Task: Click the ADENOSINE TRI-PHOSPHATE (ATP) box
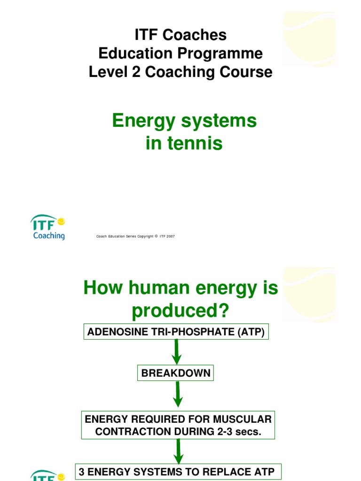tap(176, 332)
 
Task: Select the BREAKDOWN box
tap(176, 373)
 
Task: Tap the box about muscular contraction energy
tap(178, 426)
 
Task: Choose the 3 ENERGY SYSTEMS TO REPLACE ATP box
tap(176, 472)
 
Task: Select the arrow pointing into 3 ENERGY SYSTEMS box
tap(178, 451)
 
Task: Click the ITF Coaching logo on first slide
tap(48, 227)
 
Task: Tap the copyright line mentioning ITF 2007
tap(135, 236)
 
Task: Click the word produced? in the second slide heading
tap(180, 310)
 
